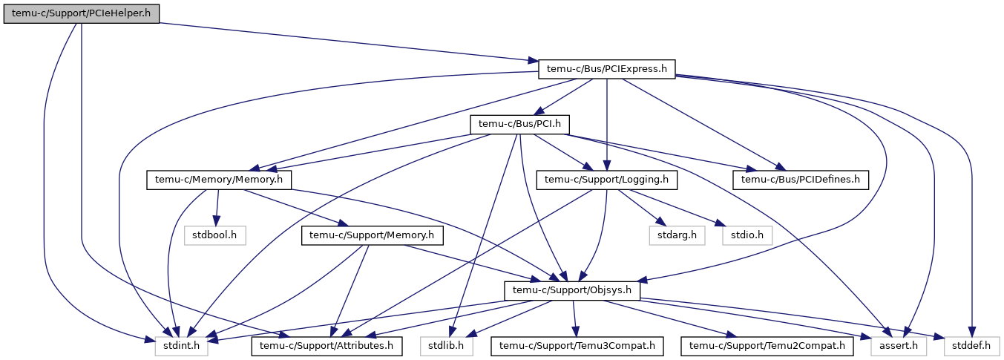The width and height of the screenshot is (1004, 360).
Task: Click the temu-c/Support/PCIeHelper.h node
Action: click(x=82, y=14)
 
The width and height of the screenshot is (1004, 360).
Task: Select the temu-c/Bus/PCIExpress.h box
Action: click(x=607, y=69)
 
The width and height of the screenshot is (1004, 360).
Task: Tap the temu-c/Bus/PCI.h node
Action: click(x=519, y=124)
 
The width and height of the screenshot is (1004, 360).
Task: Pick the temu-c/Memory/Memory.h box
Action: click(x=219, y=180)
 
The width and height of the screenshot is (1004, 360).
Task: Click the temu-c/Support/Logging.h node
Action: click(x=607, y=180)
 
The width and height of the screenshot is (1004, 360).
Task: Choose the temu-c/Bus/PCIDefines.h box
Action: click(x=800, y=180)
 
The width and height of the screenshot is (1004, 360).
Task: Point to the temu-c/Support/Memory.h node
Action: click(x=372, y=235)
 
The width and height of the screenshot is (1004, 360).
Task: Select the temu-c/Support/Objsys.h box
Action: click(x=571, y=290)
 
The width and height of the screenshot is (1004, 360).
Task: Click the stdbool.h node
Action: click(x=215, y=235)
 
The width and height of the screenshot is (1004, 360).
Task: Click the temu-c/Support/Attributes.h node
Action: click(x=327, y=346)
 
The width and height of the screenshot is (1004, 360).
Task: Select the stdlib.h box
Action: click(x=447, y=346)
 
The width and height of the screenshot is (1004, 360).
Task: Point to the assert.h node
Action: click(x=899, y=346)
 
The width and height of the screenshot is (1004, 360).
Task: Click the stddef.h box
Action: click(x=971, y=346)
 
